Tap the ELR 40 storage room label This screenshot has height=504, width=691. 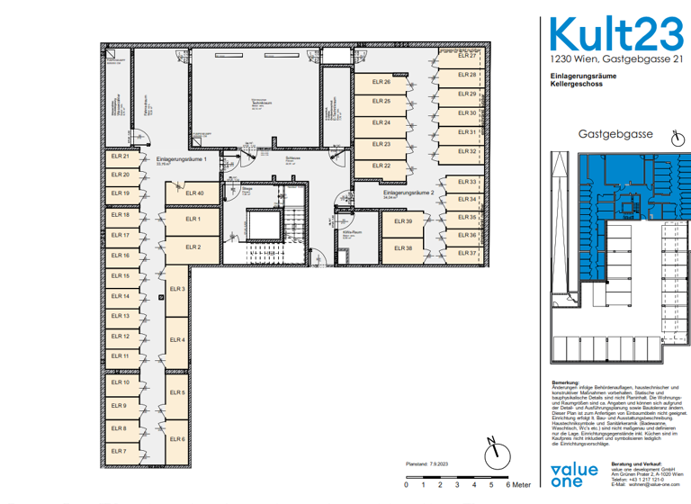[x=194, y=193]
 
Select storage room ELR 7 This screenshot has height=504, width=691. [x=119, y=451]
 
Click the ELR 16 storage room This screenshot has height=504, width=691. [x=121, y=256]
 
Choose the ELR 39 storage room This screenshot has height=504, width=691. [x=402, y=221]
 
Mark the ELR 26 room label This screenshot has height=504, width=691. [x=381, y=82]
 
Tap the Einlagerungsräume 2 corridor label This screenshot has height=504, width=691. [x=408, y=193]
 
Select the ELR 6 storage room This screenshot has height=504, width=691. [x=177, y=439]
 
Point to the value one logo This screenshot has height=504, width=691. [x=574, y=474]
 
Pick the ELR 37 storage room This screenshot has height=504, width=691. [x=467, y=253]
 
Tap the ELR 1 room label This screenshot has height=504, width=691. [x=192, y=219]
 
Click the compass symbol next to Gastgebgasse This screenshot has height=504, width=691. [x=679, y=138]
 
